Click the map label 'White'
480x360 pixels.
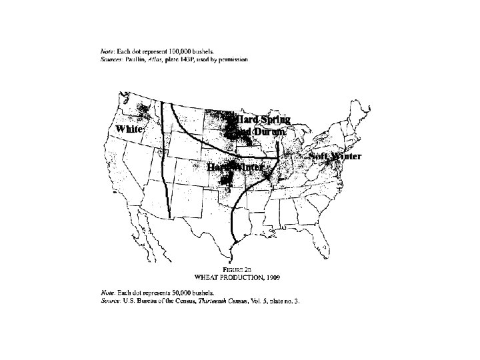[129, 129]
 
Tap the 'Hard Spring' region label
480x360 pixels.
[264, 120]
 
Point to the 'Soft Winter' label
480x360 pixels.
[335, 157]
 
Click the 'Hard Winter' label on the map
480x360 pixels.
[235, 167]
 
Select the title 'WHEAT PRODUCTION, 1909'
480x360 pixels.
[237, 276]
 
